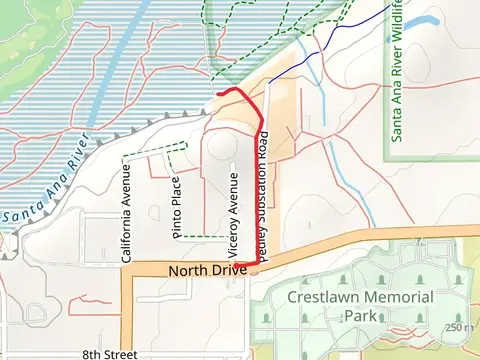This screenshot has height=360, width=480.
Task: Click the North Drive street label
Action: coord(207,271)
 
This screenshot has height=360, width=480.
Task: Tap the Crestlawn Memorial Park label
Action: coord(360,306)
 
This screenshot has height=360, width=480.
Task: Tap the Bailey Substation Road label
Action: coord(262,200)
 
